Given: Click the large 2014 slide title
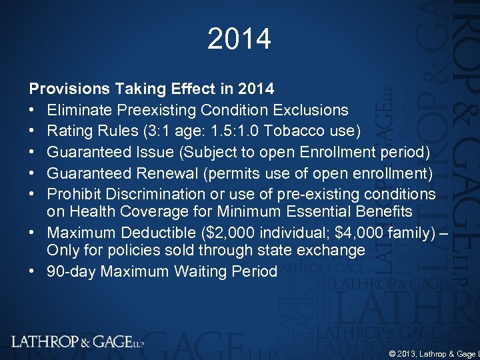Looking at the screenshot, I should pos(239,39).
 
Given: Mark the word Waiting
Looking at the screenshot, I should pos(200,271).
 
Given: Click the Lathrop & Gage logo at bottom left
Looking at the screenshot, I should pos(77,341).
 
